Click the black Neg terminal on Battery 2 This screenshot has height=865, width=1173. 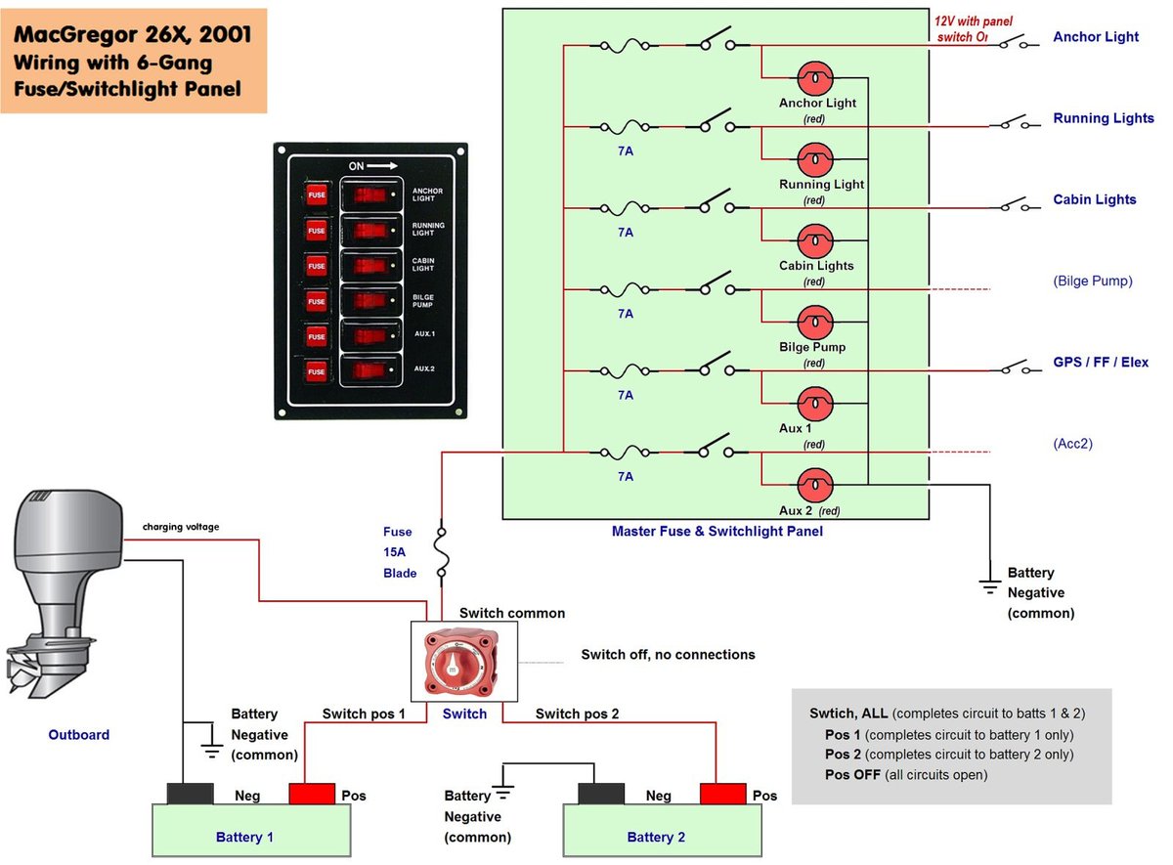tap(602, 793)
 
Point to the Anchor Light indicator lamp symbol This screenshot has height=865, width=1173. tap(815, 77)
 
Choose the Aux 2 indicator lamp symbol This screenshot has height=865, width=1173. tap(815, 484)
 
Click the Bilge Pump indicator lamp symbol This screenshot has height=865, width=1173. tap(815, 322)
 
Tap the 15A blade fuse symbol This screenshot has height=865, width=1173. tap(443, 553)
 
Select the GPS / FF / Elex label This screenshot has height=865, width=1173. tap(1100, 363)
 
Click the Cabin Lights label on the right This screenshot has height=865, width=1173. tap(1094, 199)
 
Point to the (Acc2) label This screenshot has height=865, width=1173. tap(1072, 444)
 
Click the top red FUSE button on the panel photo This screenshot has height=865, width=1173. tap(317, 195)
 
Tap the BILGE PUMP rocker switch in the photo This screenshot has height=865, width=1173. tap(370, 301)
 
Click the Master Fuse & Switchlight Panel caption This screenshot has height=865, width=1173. tap(717, 532)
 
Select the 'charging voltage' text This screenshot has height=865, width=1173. tap(181, 527)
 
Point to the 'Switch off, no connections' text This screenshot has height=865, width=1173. tap(668, 654)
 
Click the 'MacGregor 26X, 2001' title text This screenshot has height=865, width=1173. tap(133, 37)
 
